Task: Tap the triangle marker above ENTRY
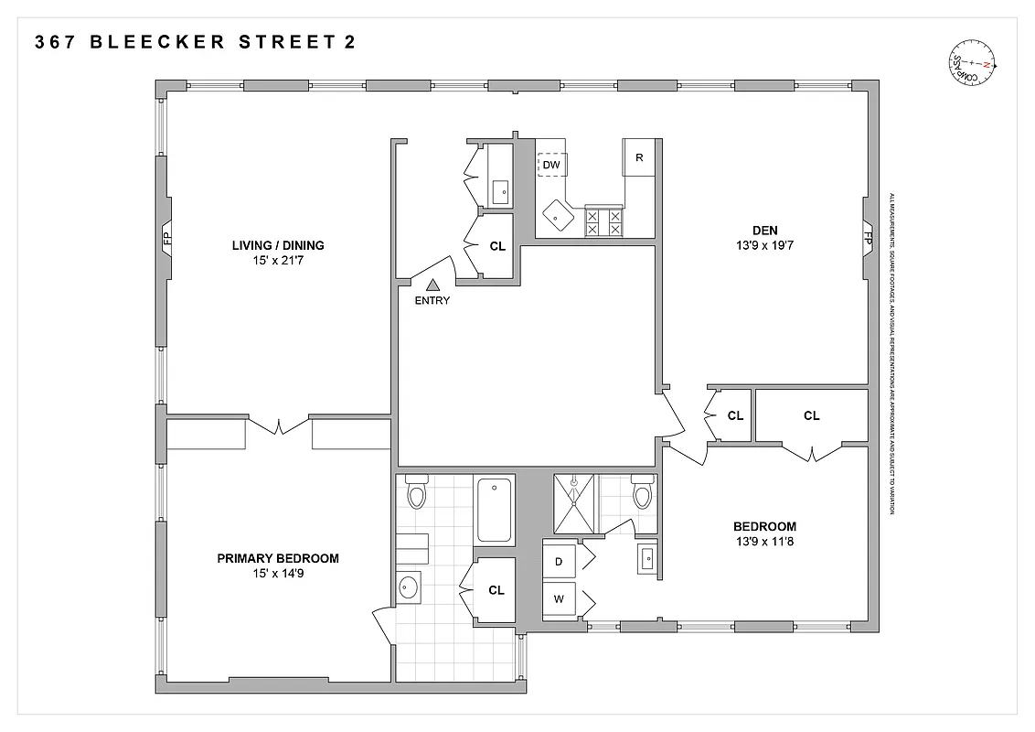pyautogui.click(x=432, y=285)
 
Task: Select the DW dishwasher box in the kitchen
pyautogui.click(x=551, y=165)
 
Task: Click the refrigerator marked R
pyautogui.click(x=639, y=157)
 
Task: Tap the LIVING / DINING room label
pyautogui.click(x=278, y=245)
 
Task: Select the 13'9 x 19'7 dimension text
pyautogui.click(x=764, y=245)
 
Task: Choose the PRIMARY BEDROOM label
pyautogui.click(x=278, y=558)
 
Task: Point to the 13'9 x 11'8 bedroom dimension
pyautogui.click(x=764, y=542)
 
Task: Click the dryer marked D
pyautogui.click(x=559, y=561)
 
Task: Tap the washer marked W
pyautogui.click(x=559, y=599)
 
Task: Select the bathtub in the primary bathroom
pyautogui.click(x=495, y=511)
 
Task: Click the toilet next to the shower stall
pyautogui.click(x=643, y=494)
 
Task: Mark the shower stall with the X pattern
pyautogui.click(x=573, y=503)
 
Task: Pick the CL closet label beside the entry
pyautogui.click(x=496, y=245)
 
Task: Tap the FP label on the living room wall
pyautogui.click(x=166, y=240)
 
